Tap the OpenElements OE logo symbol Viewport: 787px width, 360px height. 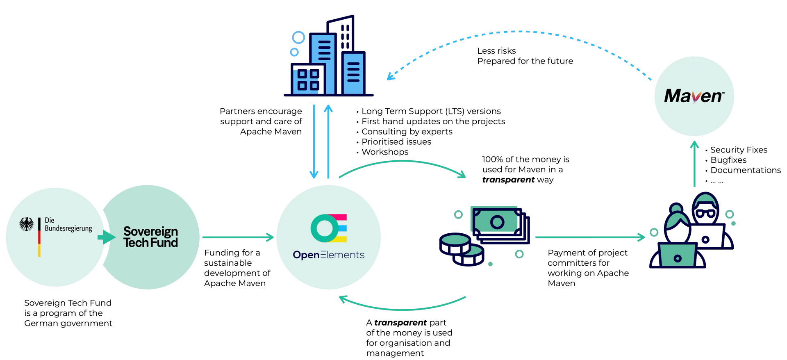click(329, 228)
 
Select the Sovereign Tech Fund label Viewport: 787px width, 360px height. click(150, 237)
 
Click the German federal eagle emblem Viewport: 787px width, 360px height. click(27, 225)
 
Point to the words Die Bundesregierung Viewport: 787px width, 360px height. click(68, 224)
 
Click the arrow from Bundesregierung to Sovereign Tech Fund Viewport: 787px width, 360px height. click(106, 237)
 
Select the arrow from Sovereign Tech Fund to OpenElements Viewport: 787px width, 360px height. click(238, 237)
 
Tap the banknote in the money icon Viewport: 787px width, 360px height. click(497, 222)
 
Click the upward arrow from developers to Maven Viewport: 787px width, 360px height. click(694, 164)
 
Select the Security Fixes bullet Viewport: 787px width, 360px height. click(738, 150)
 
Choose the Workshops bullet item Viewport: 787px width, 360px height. click(384, 152)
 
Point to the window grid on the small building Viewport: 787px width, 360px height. click(308, 79)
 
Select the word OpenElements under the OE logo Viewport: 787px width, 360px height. click(328, 255)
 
